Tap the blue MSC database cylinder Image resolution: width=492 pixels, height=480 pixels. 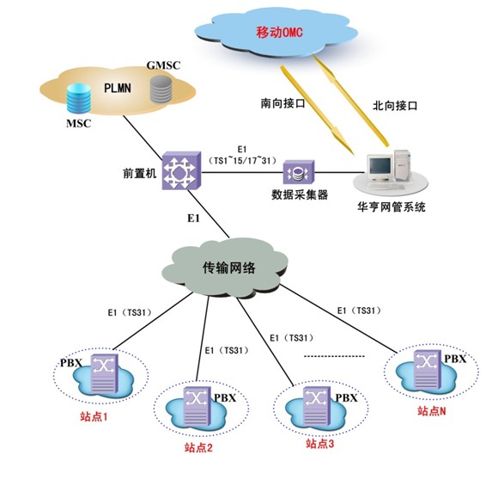[x=80, y=97]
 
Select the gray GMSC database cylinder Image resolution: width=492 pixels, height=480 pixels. [x=161, y=89]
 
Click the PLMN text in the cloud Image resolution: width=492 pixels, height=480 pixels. [x=119, y=86]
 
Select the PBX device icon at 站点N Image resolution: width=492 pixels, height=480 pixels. [x=428, y=364]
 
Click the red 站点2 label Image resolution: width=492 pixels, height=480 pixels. [x=199, y=446]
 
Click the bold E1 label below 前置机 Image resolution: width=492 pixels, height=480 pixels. [x=194, y=219]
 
